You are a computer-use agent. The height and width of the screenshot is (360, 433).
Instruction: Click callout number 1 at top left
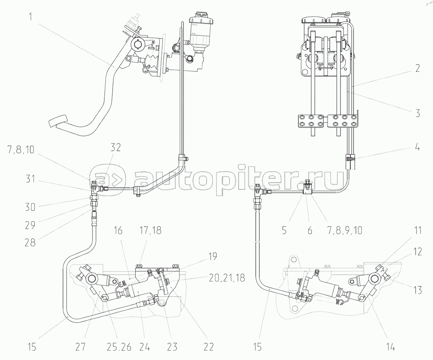tap(31, 17)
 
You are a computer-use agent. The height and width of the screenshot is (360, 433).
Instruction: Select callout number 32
tap(116, 147)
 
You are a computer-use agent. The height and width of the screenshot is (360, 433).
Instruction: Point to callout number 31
tap(30, 179)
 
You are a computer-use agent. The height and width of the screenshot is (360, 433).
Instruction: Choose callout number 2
tap(418, 68)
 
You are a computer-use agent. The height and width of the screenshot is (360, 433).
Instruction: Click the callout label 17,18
tap(150, 230)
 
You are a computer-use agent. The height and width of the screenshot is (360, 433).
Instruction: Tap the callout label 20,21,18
tap(227, 278)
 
